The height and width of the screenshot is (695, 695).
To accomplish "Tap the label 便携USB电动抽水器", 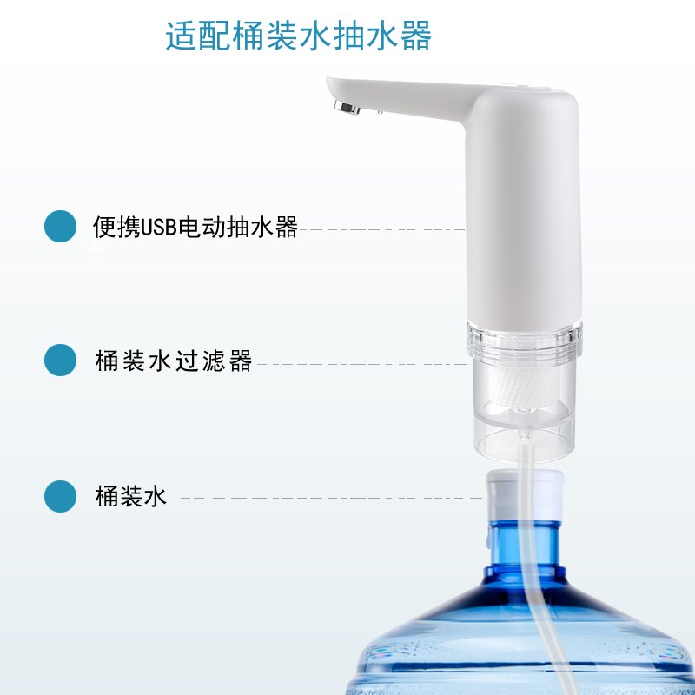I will click(x=195, y=228).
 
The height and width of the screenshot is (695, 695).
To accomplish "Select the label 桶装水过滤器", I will click(x=174, y=361).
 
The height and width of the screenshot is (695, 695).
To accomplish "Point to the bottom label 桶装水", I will click(x=130, y=498).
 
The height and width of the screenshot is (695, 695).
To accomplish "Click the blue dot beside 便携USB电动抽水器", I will click(x=61, y=227).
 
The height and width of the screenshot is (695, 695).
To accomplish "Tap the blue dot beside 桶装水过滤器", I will click(x=61, y=361).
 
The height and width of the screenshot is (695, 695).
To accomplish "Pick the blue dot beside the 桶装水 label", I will click(x=61, y=497).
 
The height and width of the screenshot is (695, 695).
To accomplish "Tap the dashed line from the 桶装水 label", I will click(x=330, y=498).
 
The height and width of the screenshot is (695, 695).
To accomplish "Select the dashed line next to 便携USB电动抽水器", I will click(x=382, y=230).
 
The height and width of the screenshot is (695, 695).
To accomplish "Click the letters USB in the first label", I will click(x=158, y=228).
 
